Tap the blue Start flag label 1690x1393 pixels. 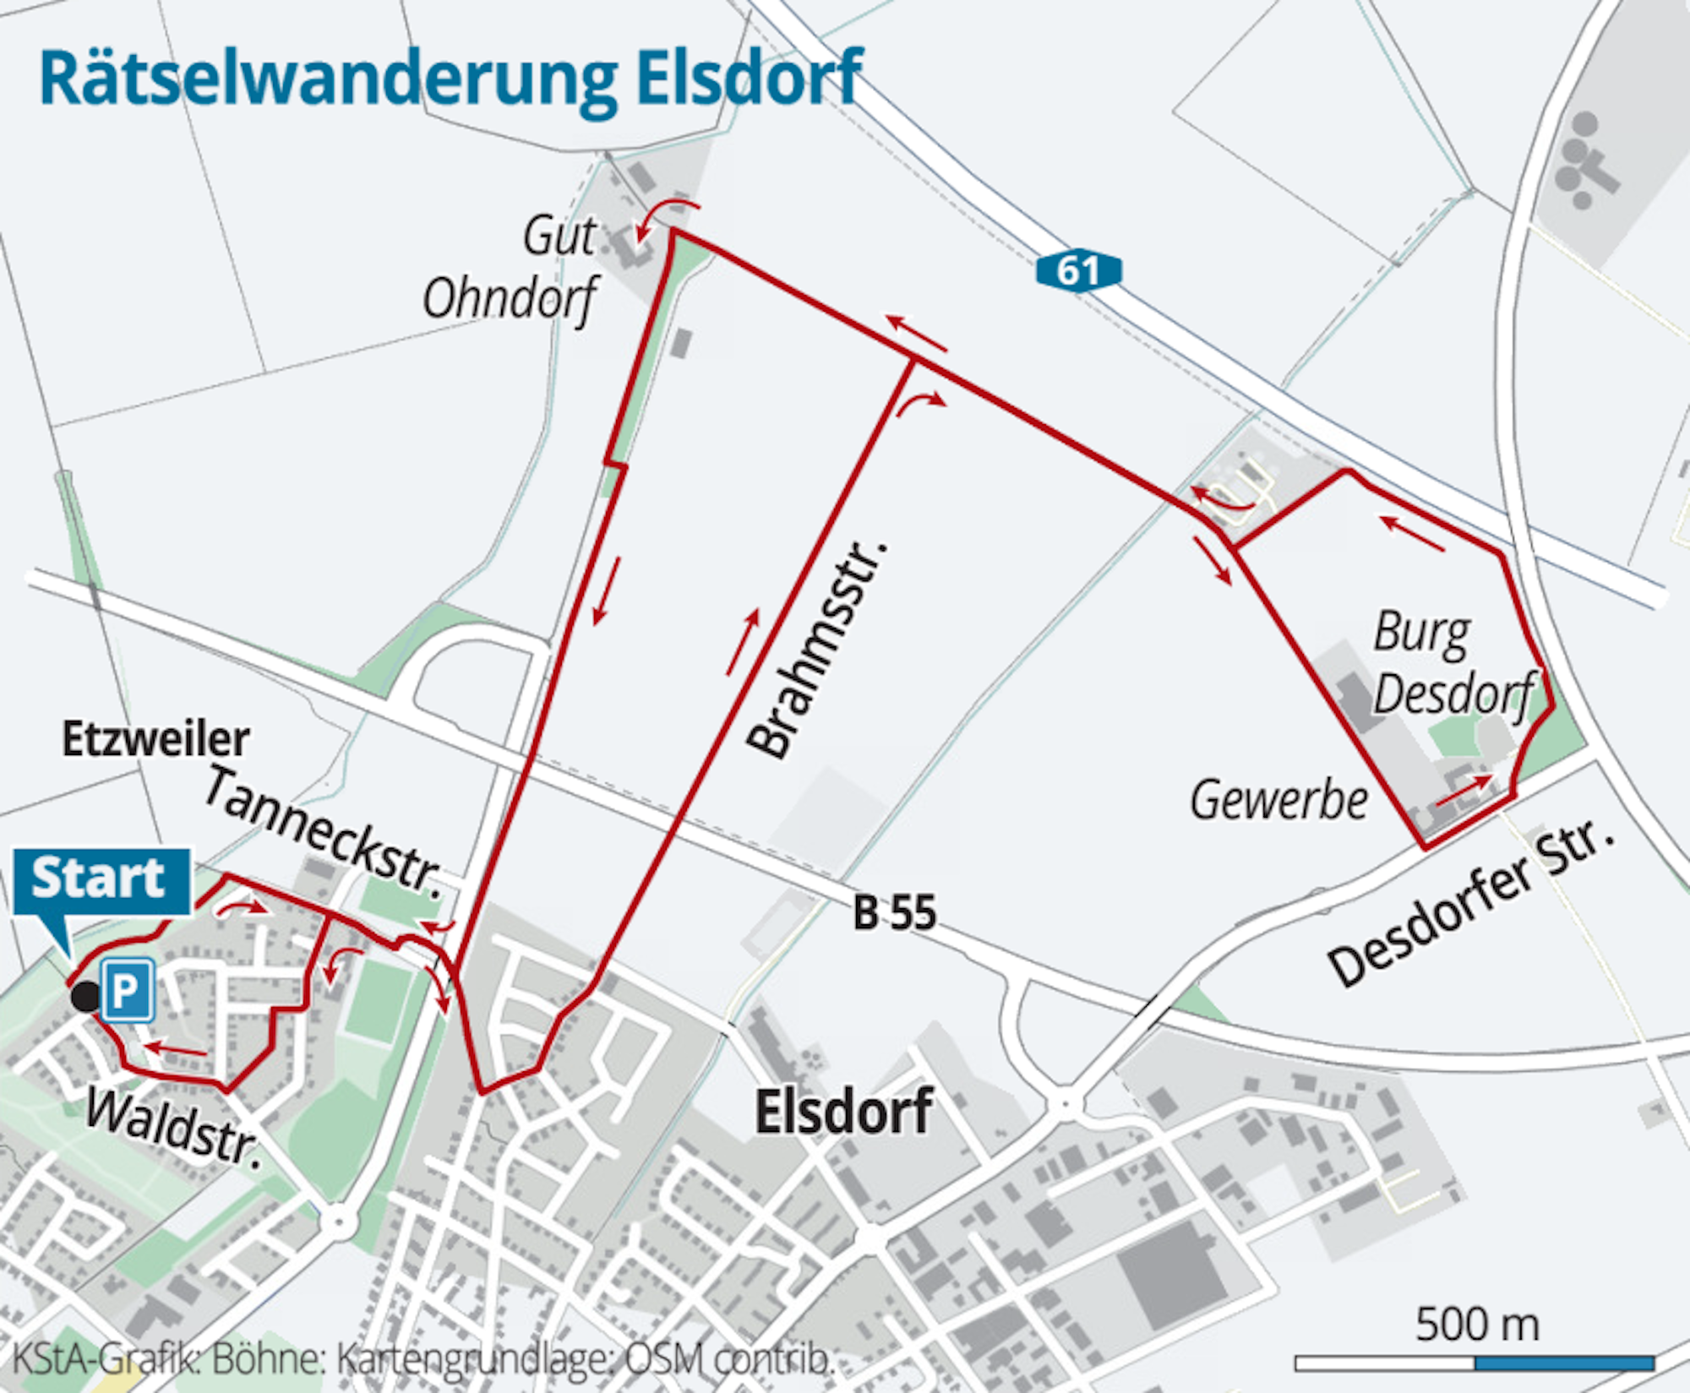pos(100,879)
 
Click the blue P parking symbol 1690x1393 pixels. pos(127,989)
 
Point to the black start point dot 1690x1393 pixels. pos(84,997)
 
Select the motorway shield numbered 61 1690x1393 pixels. pos(1078,271)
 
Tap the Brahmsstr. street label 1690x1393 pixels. pos(815,650)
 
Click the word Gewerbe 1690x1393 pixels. pos(1278,801)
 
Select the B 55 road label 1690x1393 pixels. pos(894,913)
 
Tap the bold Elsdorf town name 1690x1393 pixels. pos(843,1112)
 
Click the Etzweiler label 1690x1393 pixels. pos(155,739)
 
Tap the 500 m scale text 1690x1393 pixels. pos(1476,1324)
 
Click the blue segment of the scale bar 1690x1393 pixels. pos(1564,1363)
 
